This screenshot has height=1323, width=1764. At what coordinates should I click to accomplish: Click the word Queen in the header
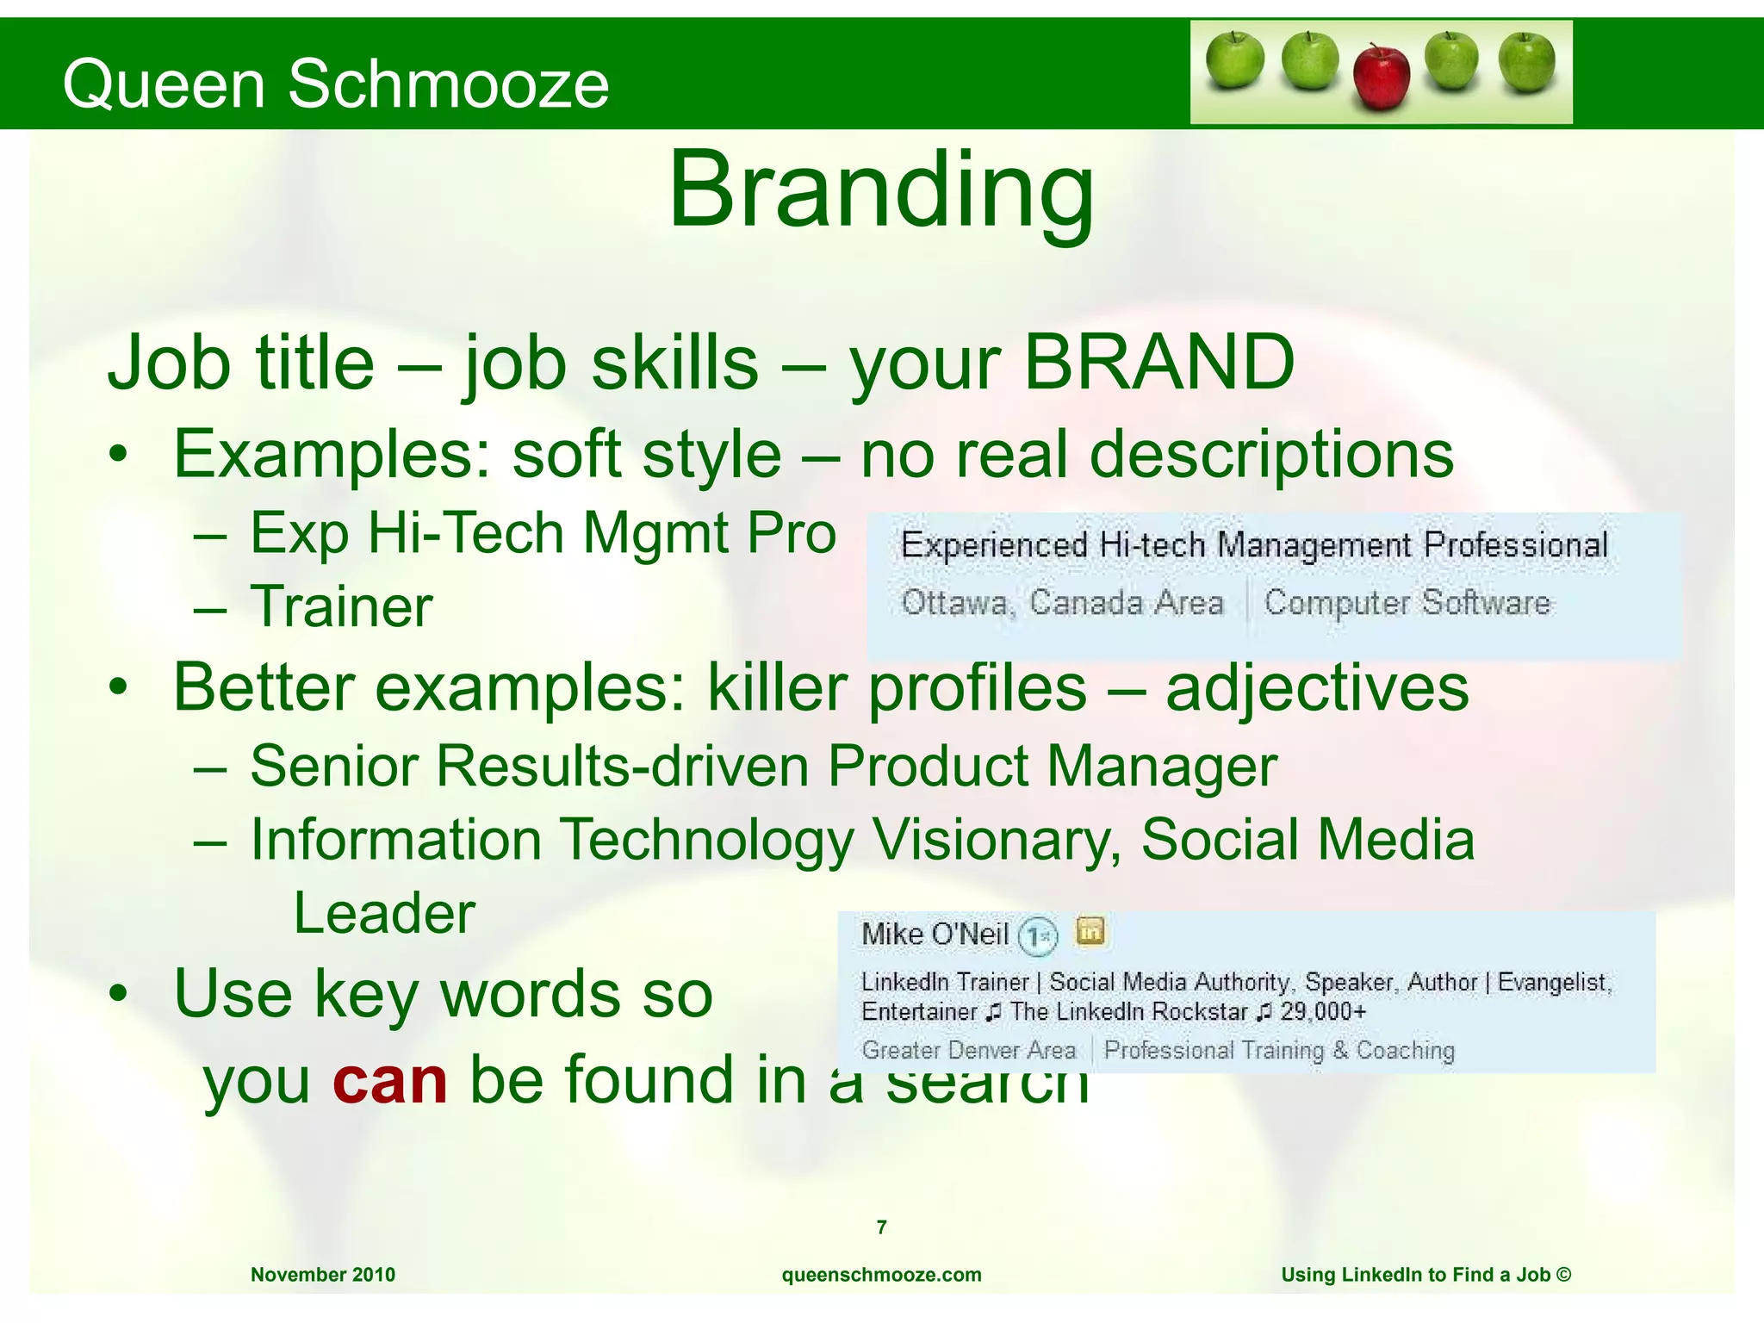pyautogui.click(x=164, y=84)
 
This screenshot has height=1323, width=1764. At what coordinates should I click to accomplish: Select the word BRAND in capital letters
pyautogui.click(x=1158, y=362)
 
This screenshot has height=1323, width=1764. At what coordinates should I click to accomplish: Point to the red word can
pyautogui.click(x=389, y=1080)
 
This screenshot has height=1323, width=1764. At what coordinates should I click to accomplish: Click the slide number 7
pyautogui.click(x=881, y=1227)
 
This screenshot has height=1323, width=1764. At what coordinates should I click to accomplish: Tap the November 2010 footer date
pyautogui.click(x=323, y=1275)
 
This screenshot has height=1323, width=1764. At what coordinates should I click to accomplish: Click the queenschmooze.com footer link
pyautogui.click(x=881, y=1275)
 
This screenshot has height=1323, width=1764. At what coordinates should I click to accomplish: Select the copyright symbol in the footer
pyautogui.click(x=1564, y=1275)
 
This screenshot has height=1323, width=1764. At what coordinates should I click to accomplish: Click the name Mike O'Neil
pyautogui.click(x=935, y=935)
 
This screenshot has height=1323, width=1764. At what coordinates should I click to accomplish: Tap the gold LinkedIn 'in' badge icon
pyautogui.click(x=1090, y=931)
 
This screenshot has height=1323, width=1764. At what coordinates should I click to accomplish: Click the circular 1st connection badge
pyautogui.click(x=1037, y=936)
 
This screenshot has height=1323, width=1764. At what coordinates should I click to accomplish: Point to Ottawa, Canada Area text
pyautogui.click(x=1062, y=602)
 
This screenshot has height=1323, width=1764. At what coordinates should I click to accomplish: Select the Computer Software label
pyautogui.click(x=1407, y=602)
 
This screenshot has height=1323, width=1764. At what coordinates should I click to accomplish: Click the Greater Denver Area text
pyautogui.click(x=969, y=1051)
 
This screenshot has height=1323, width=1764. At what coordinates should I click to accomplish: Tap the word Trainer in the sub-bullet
pyautogui.click(x=341, y=607)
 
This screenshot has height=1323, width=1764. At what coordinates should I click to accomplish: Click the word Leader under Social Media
pyautogui.click(x=384, y=913)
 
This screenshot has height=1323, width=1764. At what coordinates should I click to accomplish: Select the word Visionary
pyautogui.click(x=997, y=840)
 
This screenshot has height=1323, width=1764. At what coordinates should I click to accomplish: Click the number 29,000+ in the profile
pyautogui.click(x=1323, y=1012)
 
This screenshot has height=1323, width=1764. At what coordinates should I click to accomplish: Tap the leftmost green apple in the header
pyautogui.click(x=1234, y=62)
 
